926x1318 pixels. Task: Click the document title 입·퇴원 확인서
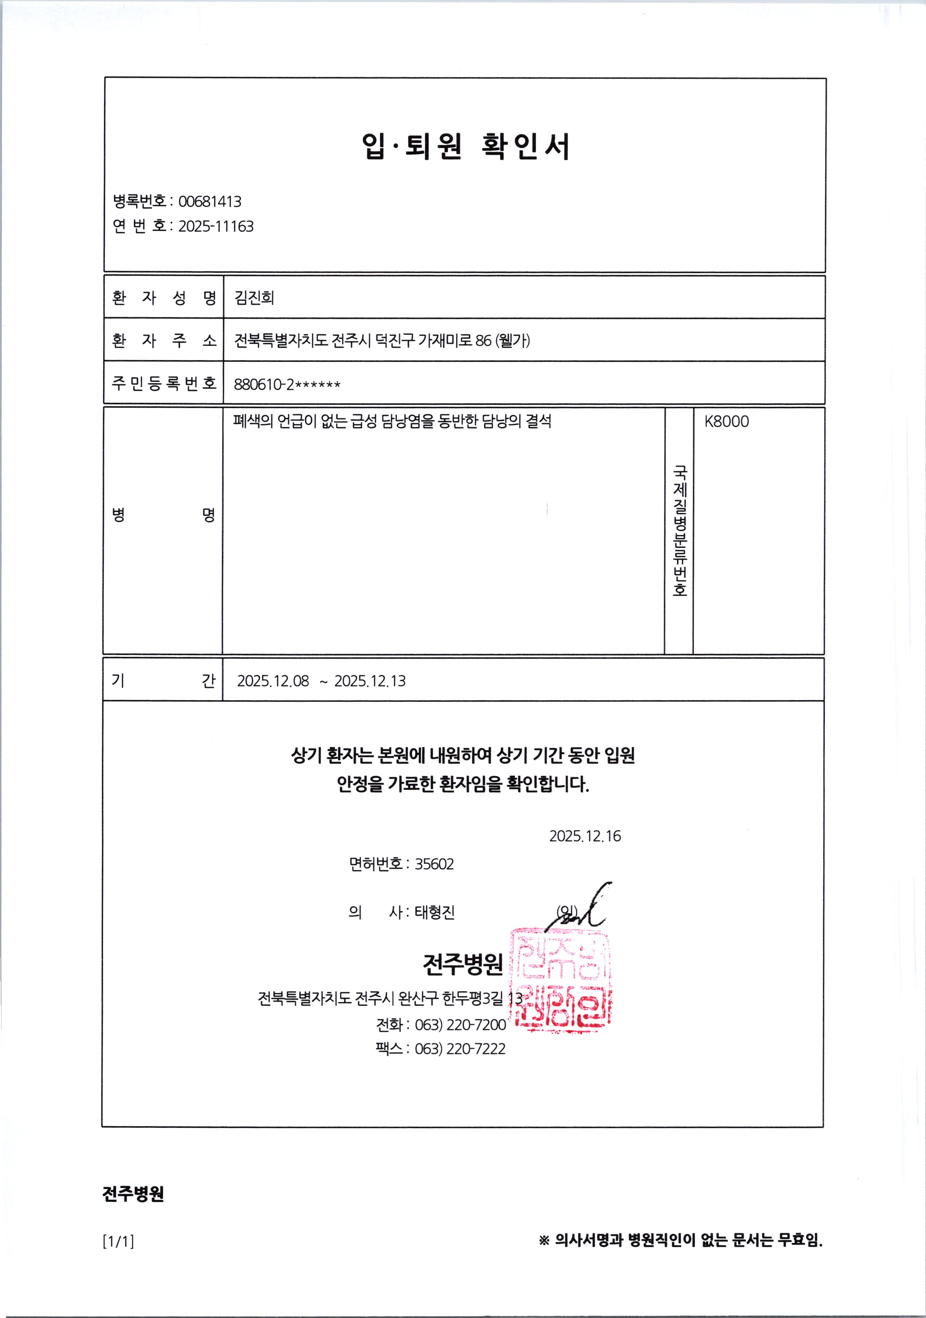click(466, 146)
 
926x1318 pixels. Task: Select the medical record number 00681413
click(210, 202)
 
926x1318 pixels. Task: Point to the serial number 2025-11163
click(216, 226)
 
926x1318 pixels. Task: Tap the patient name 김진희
click(254, 297)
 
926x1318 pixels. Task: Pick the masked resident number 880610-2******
click(287, 384)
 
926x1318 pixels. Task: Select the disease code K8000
click(726, 421)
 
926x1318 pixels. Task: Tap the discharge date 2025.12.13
click(370, 681)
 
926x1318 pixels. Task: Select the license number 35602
click(434, 864)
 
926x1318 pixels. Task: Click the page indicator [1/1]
click(118, 1242)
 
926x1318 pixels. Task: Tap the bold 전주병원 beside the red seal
click(463, 964)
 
